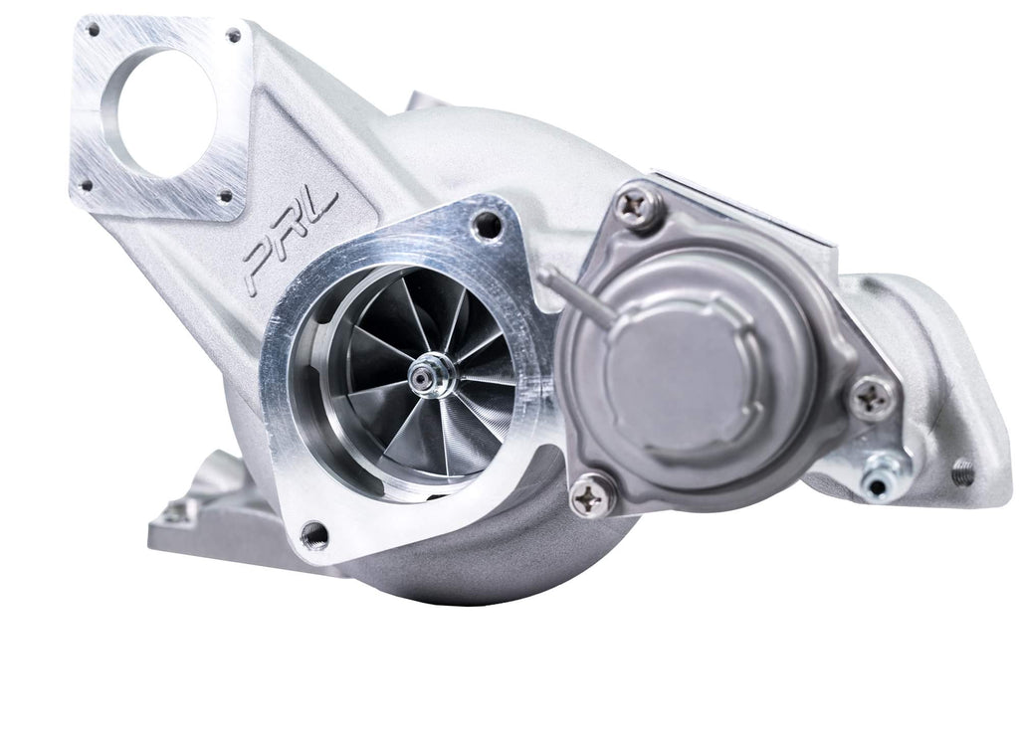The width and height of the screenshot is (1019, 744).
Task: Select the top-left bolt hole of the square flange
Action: point(93,31)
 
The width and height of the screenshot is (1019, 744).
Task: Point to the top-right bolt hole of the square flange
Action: point(234,36)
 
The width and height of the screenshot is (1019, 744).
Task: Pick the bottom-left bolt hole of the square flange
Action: point(87,184)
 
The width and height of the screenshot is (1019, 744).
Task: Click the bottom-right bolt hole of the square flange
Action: point(225,196)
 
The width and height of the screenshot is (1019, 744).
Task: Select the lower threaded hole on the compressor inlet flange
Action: point(313,534)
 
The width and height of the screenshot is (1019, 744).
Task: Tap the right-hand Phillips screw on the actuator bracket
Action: point(874,397)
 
